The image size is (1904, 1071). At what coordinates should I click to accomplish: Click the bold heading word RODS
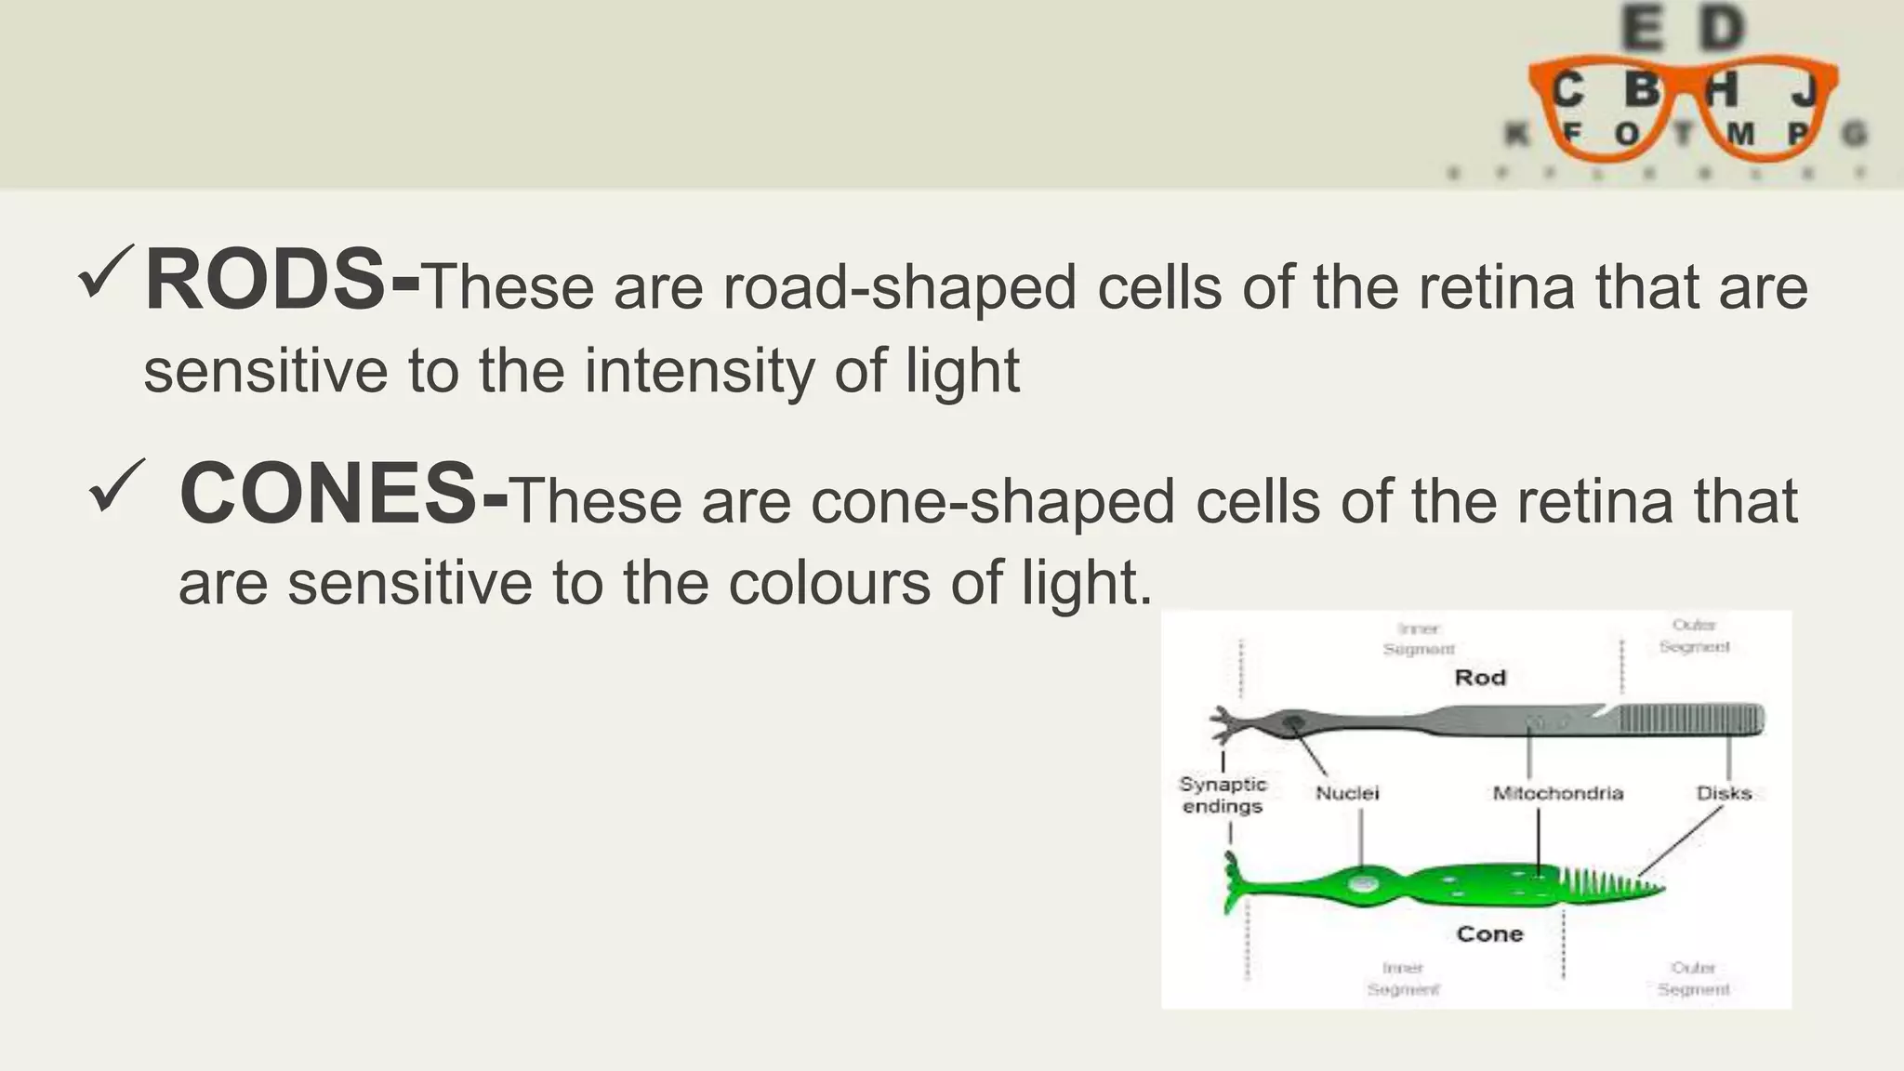click(x=265, y=281)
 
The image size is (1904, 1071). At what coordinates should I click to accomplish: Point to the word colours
click(x=829, y=585)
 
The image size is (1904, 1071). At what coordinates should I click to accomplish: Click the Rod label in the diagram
click(x=1479, y=678)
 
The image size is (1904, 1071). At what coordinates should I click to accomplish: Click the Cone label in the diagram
click(x=1489, y=934)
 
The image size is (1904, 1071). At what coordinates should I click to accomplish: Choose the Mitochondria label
click(x=1557, y=793)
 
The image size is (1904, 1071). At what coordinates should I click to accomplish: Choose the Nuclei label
click(x=1347, y=793)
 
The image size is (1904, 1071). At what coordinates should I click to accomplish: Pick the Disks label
click(x=1724, y=793)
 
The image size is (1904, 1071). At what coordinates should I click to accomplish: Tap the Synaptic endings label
click(x=1223, y=795)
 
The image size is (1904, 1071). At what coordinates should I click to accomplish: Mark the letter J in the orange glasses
click(x=1805, y=90)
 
